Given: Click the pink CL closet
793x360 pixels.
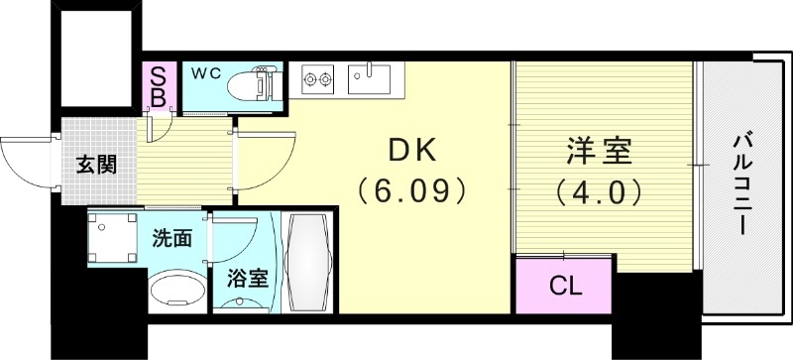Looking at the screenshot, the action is coord(565,288).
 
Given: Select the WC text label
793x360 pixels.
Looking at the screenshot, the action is coord(206,72).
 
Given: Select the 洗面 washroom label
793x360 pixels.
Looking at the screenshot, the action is coord(171,238).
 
